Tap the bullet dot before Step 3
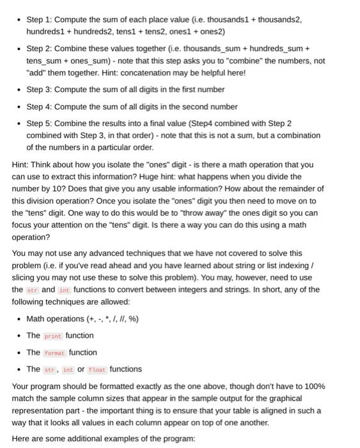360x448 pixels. tap(19, 90)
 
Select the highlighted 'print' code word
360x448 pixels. tap(53, 336)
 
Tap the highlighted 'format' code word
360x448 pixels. tap(55, 353)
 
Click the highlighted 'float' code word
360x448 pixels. tap(97, 369)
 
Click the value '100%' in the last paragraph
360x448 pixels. tap(313, 387)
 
